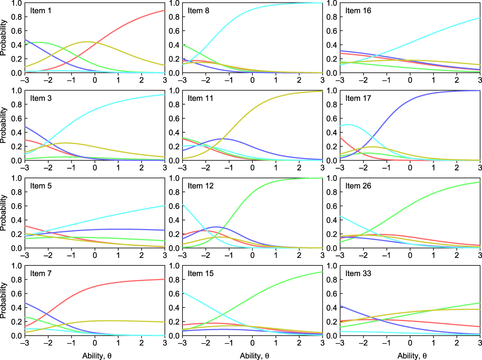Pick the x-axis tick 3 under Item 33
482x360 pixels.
pyautogui.click(x=480, y=343)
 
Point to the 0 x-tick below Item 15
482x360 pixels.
pyautogui.click(x=252, y=343)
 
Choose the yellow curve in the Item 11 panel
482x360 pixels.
pyautogui.click(x=252, y=111)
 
